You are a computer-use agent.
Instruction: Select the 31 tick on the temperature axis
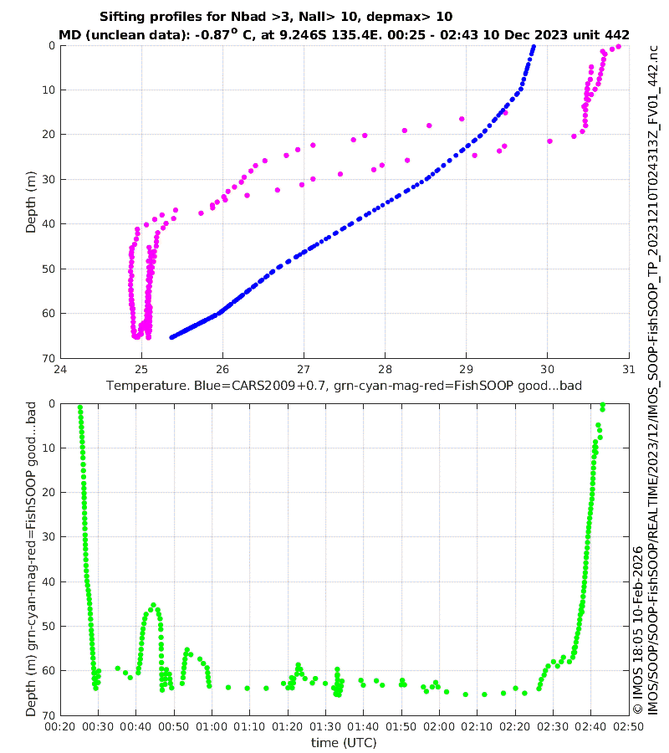coord(628,369)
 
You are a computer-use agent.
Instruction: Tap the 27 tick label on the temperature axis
coord(304,369)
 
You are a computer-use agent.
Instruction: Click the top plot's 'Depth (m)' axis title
coord(31,202)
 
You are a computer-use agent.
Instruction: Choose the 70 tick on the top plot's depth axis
coord(49,358)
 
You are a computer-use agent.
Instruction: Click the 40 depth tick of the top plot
coord(49,223)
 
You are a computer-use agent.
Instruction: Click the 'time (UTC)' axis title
coord(344,742)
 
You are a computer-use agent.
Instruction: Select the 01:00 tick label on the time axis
coord(212,727)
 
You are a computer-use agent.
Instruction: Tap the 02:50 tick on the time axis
coord(628,727)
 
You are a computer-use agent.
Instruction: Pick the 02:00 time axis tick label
coord(439,727)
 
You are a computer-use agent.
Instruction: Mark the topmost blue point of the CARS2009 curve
coord(534,47)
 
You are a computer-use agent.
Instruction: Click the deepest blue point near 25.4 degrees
coord(171,337)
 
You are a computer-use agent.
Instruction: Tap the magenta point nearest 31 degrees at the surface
coord(618,47)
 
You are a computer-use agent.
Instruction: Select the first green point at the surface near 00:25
coord(79,407)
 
